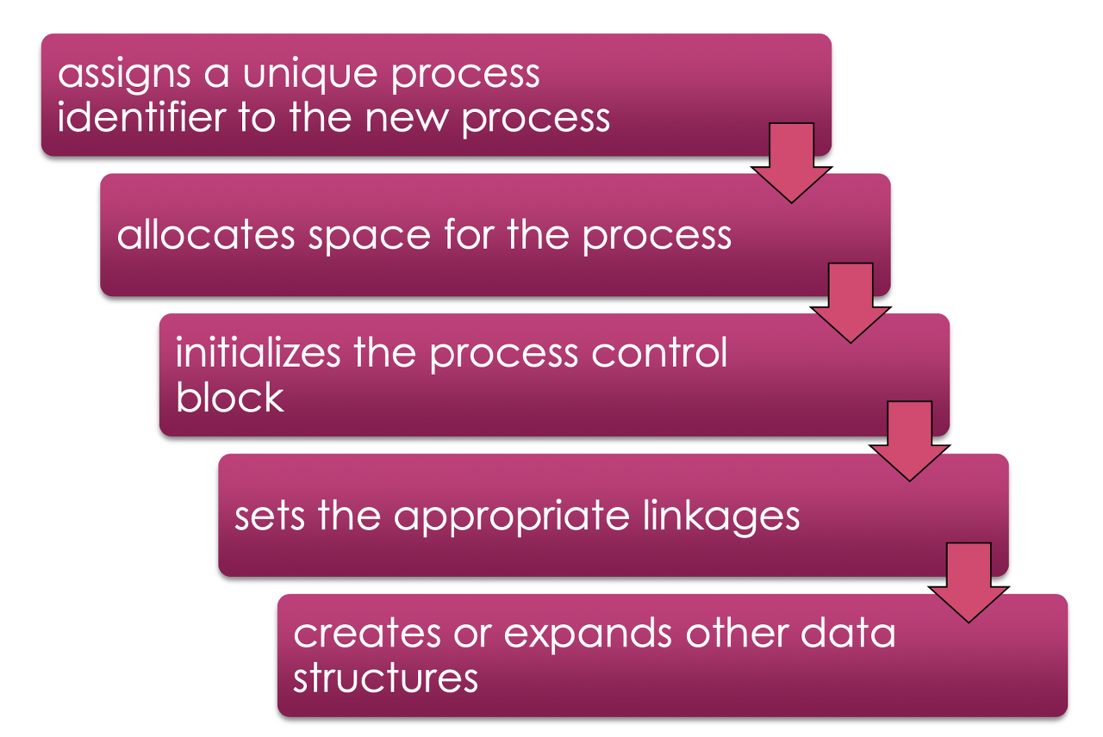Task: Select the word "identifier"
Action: pos(139,117)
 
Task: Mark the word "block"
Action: pos(230,396)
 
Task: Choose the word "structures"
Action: pos(386,677)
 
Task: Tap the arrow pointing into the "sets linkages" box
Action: pos(909,444)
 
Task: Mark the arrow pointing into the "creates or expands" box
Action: pos(969,584)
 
